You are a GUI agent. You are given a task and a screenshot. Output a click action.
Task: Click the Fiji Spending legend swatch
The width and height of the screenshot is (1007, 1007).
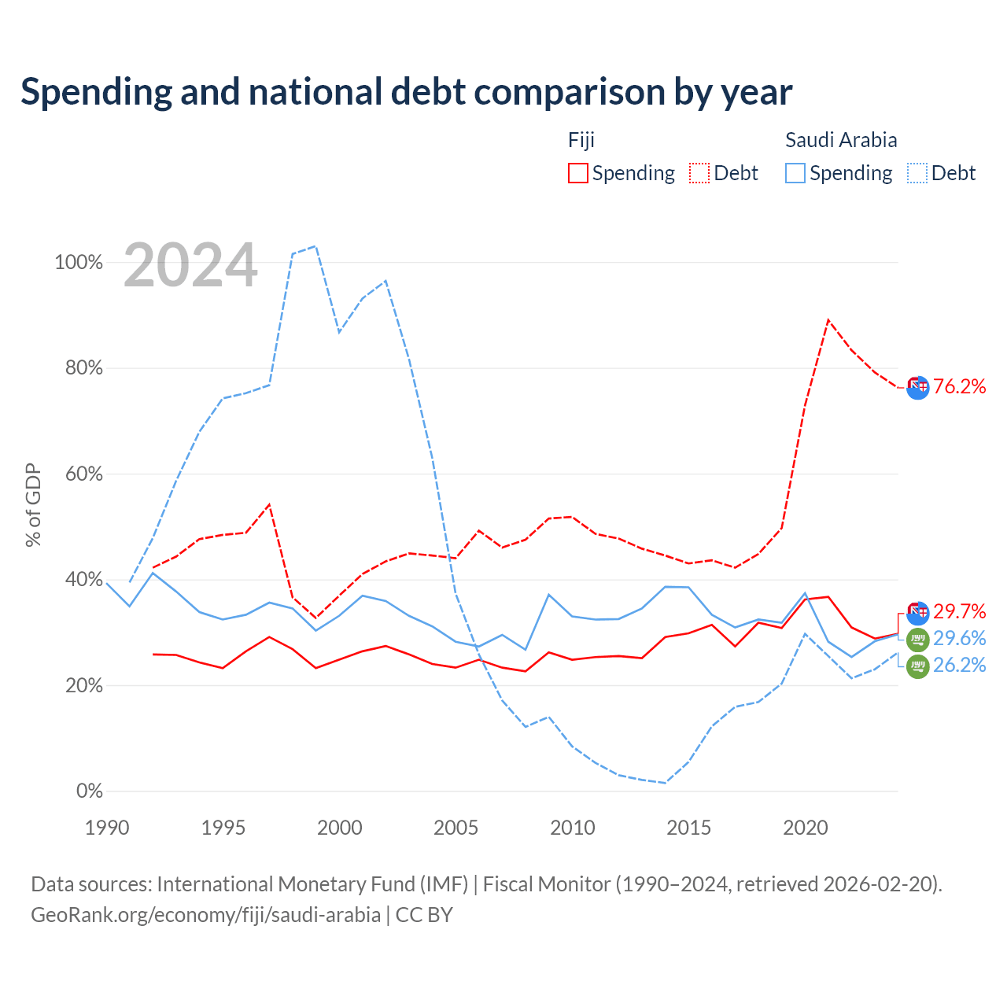coord(577,173)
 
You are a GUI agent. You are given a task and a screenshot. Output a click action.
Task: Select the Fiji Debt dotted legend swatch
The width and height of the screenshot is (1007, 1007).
coord(699,173)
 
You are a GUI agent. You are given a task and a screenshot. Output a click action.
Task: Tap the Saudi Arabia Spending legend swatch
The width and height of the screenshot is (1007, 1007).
coord(795,173)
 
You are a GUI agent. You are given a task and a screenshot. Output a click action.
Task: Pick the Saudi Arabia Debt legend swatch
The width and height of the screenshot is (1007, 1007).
coord(917,173)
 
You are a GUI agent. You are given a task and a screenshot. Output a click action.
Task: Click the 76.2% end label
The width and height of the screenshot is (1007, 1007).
coord(959,387)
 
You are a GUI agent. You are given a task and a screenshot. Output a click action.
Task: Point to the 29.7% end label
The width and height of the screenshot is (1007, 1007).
coord(959,611)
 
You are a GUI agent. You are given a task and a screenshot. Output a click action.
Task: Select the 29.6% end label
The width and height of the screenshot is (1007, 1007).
coord(959,639)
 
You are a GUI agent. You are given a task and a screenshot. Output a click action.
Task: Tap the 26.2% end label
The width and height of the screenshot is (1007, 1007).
coord(959,666)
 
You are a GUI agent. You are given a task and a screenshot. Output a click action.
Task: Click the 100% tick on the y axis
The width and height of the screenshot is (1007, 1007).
coord(79,262)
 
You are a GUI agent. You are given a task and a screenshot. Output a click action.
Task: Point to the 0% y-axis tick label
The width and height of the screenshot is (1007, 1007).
coord(90,791)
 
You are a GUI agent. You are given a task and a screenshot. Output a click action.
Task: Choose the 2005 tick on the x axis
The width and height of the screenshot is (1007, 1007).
coord(456,828)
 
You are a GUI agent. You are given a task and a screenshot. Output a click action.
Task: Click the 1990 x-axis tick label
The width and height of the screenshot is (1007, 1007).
coord(107,828)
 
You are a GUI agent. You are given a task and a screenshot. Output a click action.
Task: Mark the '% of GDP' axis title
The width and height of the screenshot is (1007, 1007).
coord(33,505)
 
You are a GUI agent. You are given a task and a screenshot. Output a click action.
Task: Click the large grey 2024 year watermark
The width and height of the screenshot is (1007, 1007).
coord(190,265)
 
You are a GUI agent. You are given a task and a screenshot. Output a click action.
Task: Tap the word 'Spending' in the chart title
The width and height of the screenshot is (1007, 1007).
coord(97,93)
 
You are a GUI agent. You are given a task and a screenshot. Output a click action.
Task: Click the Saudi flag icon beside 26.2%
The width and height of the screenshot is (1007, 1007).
coord(917,666)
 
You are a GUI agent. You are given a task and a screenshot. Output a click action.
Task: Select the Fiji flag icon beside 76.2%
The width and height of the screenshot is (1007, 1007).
coord(917,388)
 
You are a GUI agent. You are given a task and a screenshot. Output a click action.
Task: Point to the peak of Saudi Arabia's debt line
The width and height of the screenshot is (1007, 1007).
coord(316,246)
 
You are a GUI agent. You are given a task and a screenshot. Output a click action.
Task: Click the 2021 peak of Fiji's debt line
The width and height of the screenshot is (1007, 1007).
coord(828,320)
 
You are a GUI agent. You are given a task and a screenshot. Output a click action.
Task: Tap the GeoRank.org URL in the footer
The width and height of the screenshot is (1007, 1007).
coord(205,915)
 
